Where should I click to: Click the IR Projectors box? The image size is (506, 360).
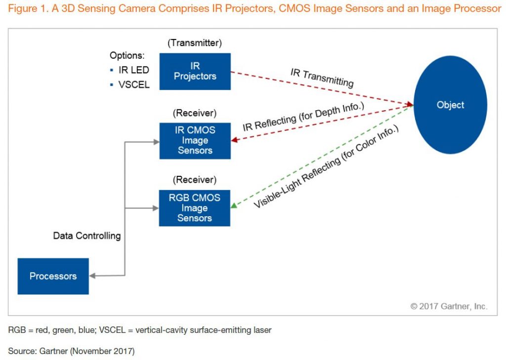pyautogui.click(x=195, y=71)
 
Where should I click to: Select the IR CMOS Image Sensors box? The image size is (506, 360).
pyautogui.click(x=195, y=141)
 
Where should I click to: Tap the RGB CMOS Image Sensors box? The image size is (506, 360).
pyautogui.click(x=195, y=208)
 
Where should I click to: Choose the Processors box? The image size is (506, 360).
pyautogui.click(x=53, y=276)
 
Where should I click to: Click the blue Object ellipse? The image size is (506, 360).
pyautogui.click(x=450, y=105)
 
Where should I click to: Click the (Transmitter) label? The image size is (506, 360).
pyautogui.click(x=195, y=43)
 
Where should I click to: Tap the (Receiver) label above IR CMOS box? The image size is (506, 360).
pyautogui.click(x=195, y=113)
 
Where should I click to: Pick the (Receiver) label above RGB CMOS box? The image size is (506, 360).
pyautogui.click(x=195, y=180)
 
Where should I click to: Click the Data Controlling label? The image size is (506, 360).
pyautogui.click(x=87, y=236)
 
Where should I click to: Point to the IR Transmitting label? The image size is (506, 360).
pyautogui.click(x=322, y=78)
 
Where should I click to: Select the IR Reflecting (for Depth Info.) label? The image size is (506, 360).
pyautogui.click(x=303, y=117)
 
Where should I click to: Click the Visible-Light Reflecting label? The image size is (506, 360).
pyautogui.click(x=326, y=166)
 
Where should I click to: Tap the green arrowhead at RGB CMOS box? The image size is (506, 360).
pyautogui.click(x=234, y=205)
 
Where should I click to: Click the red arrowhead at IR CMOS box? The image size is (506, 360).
pyautogui.click(x=235, y=140)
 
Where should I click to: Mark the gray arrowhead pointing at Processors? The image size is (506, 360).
pyautogui.click(x=92, y=276)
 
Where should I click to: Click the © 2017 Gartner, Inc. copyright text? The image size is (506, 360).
pyautogui.click(x=449, y=306)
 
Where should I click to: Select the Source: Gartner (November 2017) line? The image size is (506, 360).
pyautogui.click(x=71, y=351)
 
